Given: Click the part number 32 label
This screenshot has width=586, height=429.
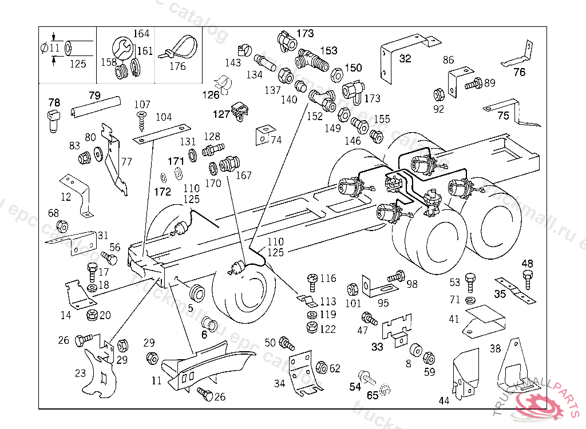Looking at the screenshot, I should [405, 58].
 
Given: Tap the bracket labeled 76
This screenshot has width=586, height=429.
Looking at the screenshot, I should [515, 57].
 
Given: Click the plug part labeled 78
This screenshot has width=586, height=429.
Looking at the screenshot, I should [54, 121].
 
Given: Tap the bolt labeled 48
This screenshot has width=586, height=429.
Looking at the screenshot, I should [528, 280].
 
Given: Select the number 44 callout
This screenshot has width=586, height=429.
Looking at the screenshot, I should [444, 401].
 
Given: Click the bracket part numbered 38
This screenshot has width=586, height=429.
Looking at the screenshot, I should [513, 366].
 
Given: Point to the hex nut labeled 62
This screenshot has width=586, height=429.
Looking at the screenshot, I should [321, 367].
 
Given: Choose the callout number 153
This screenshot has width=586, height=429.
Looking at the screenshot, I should [328, 51].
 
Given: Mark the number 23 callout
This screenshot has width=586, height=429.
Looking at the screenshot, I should [80, 374].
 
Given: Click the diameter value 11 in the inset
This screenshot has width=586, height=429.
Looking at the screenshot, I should [54, 47].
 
